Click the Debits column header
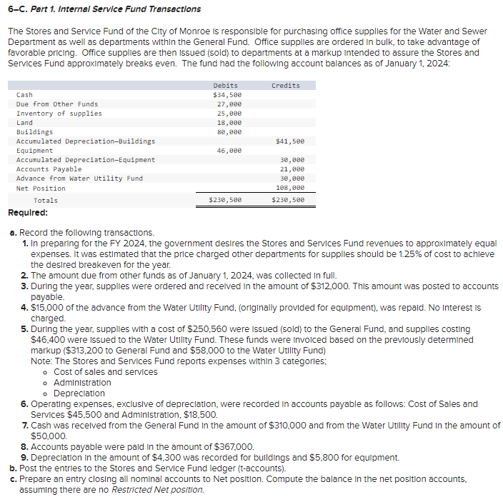point(226,86)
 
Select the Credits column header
point(286,86)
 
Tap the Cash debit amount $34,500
point(227,95)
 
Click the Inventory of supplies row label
point(59,114)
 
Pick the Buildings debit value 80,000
point(229,132)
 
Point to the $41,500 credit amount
point(289,141)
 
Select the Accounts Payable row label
point(49,169)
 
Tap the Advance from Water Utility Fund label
point(79,179)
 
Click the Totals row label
point(46,201)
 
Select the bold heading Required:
point(28,213)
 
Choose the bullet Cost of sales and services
point(106,372)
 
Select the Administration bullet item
point(83,383)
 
